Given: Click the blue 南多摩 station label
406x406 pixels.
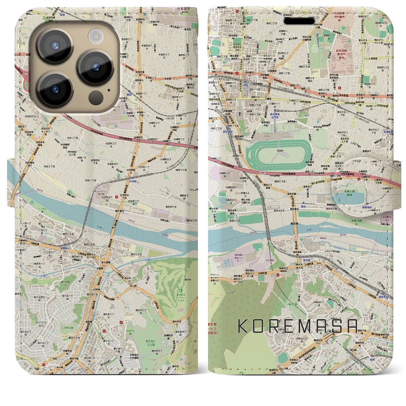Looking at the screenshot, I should [x=306, y=260].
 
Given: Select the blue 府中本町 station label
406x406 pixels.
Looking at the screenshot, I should [x=228, y=130].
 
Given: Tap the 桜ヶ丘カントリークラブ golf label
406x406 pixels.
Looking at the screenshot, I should [x=182, y=295].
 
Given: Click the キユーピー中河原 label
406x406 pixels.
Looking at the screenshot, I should [x=100, y=193].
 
